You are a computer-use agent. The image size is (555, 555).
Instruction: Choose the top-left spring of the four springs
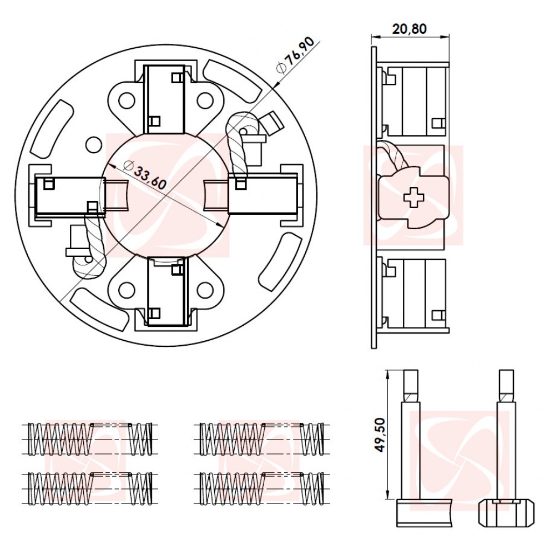[90, 439]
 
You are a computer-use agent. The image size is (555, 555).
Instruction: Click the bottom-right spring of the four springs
[261, 488]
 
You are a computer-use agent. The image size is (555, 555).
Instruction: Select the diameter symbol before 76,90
[281, 67]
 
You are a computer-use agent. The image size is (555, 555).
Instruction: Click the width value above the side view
[410, 28]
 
